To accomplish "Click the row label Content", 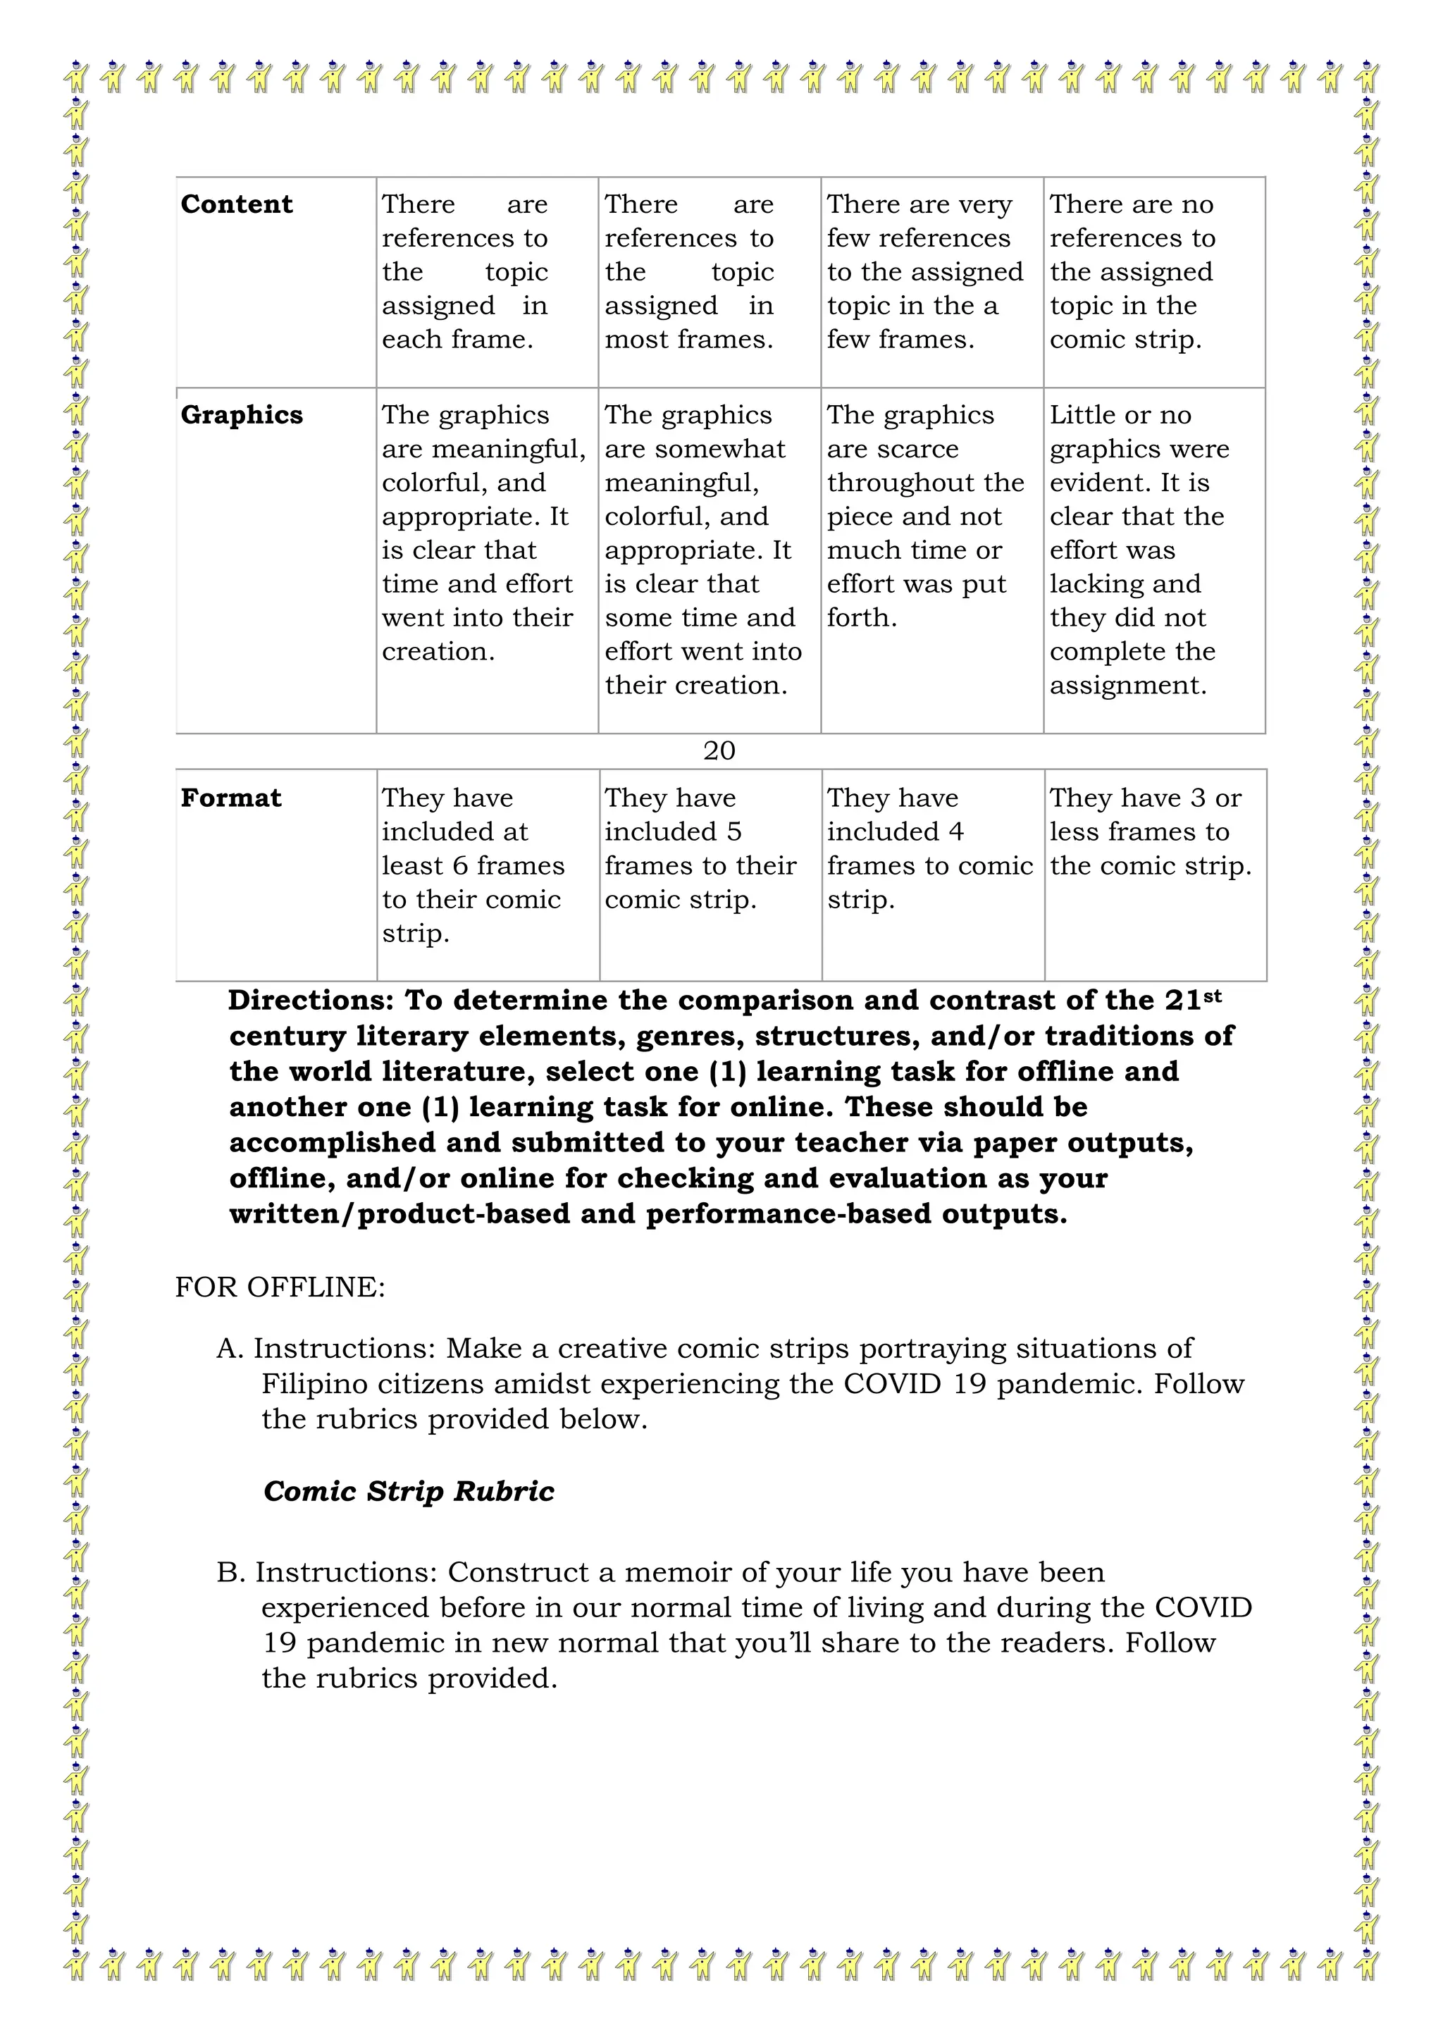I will (236, 204).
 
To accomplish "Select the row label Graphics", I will (242, 415).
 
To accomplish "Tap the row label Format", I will (231, 798).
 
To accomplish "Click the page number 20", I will (719, 750).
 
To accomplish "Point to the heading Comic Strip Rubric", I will (409, 1490).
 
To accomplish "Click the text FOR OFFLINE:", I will (280, 1287).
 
